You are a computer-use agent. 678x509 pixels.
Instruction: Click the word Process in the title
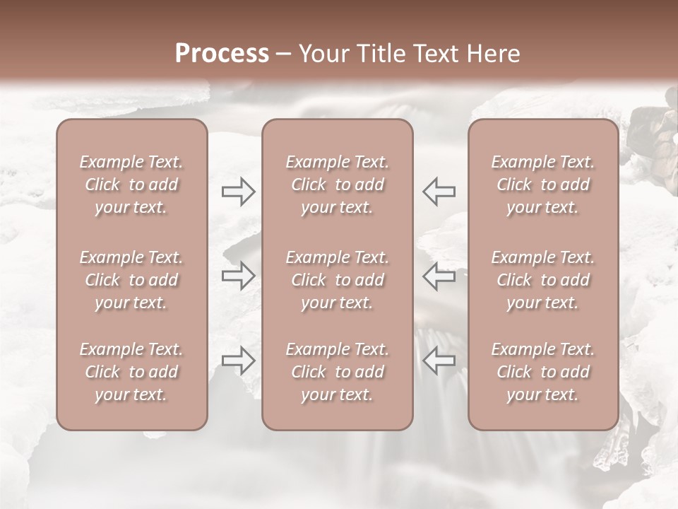coord(222,54)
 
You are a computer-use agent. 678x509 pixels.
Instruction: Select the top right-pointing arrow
coord(238,190)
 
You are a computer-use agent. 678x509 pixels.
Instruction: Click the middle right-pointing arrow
coord(238,275)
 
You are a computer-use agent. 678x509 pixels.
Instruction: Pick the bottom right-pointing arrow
coord(238,361)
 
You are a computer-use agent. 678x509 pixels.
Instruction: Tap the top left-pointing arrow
coord(439,190)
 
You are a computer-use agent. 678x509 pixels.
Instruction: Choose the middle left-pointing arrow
coord(439,275)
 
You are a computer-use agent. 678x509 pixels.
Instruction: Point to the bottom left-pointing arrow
coord(439,361)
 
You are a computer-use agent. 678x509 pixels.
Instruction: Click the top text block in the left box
coord(131,185)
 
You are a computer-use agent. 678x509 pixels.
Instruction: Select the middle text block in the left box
coord(131,280)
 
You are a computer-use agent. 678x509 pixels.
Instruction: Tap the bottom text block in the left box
coord(131,372)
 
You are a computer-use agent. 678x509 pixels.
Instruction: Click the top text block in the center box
coord(338,185)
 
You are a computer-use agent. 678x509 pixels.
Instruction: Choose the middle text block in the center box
coord(338,280)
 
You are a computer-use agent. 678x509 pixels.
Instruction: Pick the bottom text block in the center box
coord(338,372)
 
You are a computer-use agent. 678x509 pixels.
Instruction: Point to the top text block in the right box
coord(543,185)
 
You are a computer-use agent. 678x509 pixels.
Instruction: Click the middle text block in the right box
coord(543,280)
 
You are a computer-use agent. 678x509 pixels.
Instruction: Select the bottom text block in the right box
coord(543,372)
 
